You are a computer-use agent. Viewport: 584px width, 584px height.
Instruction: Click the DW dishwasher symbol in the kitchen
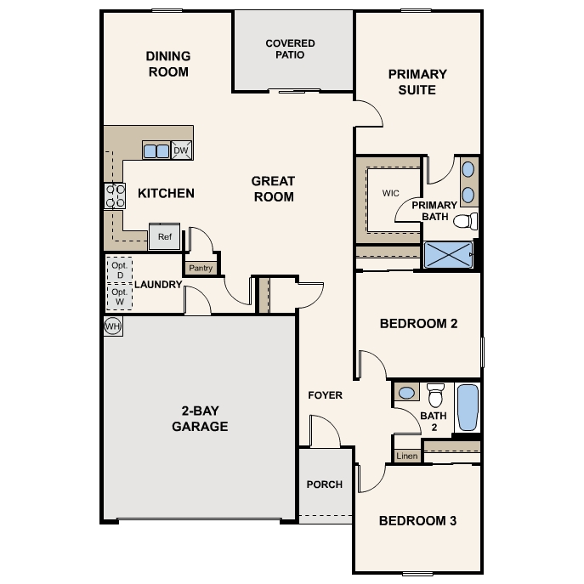tap(180, 151)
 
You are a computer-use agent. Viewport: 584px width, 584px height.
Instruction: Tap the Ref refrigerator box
tap(165, 237)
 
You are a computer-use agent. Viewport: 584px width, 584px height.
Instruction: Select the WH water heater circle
tap(112, 326)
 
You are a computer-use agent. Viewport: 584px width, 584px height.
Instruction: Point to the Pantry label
tap(201, 268)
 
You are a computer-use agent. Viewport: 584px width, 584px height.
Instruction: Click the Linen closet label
tap(407, 456)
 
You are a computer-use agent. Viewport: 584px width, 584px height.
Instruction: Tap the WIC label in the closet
tap(391, 193)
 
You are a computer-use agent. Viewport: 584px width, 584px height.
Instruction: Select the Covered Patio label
tap(290, 49)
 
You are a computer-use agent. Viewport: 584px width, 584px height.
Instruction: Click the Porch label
tap(325, 485)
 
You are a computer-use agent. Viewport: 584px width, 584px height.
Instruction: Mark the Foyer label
tap(325, 395)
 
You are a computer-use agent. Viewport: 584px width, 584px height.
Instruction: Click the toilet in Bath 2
tap(436, 395)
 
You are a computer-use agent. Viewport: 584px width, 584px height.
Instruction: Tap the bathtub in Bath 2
tap(468, 408)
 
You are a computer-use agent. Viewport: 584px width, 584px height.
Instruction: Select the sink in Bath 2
tap(407, 393)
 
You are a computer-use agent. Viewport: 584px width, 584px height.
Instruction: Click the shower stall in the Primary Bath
tap(448, 255)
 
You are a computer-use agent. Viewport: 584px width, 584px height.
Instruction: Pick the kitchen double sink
tap(156, 151)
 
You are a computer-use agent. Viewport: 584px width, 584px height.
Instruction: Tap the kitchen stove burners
tap(112, 196)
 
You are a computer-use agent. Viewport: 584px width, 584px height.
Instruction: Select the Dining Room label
tap(168, 64)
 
